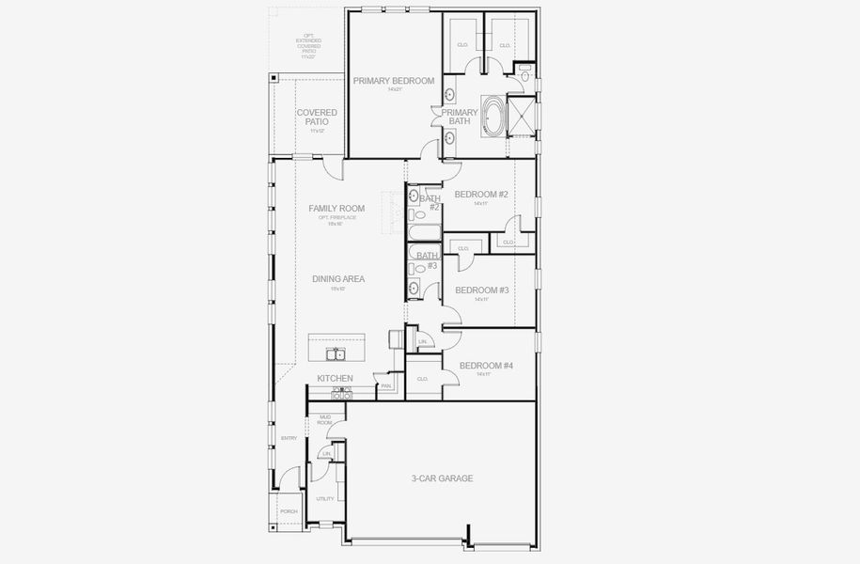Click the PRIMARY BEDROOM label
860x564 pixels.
(394, 82)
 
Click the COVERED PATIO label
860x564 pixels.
(317, 117)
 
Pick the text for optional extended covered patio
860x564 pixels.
(308, 47)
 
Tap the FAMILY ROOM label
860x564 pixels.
(336, 209)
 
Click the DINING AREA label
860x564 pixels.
(338, 279)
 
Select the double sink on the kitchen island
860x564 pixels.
(336, 353)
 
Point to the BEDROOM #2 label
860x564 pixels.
(481, 195)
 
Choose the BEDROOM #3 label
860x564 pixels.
(481, 290)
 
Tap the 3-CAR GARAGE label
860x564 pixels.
(442, 478)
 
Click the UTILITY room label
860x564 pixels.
(325, 499)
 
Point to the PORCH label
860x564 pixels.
(289, 511)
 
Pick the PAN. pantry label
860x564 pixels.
(386, 385)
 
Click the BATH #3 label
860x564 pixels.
(429, 260)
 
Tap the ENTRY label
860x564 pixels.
(289, 438)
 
